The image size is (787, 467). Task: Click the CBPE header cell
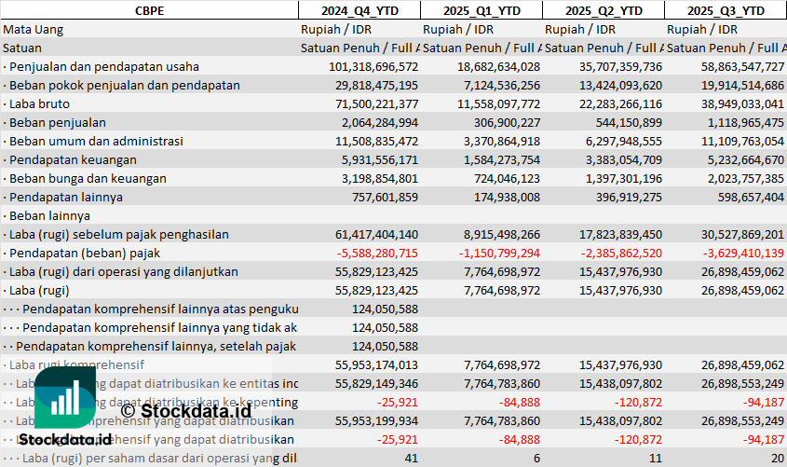(149, 10)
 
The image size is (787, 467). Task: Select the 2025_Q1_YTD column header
(481, 10)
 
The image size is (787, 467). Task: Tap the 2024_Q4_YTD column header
(359, 10)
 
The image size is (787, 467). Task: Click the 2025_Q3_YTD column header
(726, 10)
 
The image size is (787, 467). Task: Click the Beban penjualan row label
(57, 122)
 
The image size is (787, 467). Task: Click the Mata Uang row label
(33, 29)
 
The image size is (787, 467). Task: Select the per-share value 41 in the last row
(411, 458)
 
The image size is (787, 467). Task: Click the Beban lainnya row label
(45, 215)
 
